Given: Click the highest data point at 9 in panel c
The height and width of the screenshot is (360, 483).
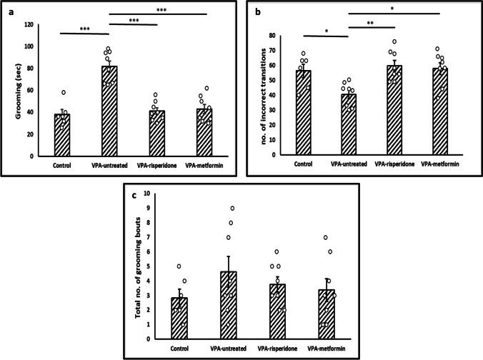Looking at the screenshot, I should [x=232, y=208].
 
